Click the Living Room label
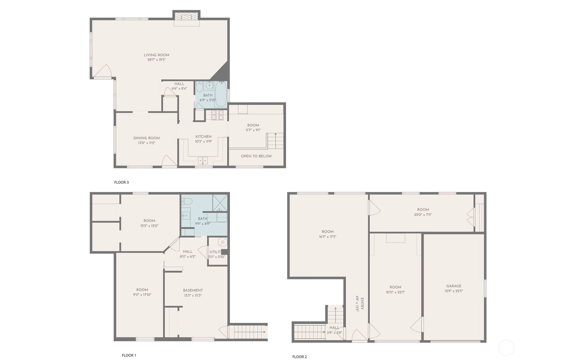157,55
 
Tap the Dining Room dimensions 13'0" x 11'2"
147,143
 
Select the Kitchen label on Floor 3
204,136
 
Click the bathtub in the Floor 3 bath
221,94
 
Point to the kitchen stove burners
217,115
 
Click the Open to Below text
256,156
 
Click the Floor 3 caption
121,182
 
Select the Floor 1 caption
129,355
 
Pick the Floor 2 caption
300,357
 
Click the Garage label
454,286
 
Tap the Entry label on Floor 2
362,303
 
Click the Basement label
193,290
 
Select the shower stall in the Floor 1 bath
220,203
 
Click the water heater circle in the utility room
223,242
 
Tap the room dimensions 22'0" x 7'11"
423,215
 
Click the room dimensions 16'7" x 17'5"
328,237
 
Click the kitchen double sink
203,160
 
